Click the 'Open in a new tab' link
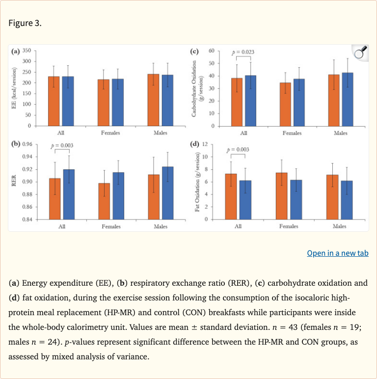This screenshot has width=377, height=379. pos(337,253)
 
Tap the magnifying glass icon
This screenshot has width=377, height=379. pos(360,53)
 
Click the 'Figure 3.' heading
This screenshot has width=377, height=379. pos(25,24)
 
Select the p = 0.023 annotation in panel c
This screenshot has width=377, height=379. pos(243,52)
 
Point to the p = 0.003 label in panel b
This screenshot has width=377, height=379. pos(62,145)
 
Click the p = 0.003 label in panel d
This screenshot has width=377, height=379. pos(238,149)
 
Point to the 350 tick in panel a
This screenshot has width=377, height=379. pos(27,51)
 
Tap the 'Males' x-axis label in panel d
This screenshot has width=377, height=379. pos(339,226)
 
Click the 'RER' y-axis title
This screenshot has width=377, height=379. pos(14,182)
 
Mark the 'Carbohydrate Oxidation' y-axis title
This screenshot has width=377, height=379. pos(196,88)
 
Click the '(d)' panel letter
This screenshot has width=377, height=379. pos(196,144)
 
